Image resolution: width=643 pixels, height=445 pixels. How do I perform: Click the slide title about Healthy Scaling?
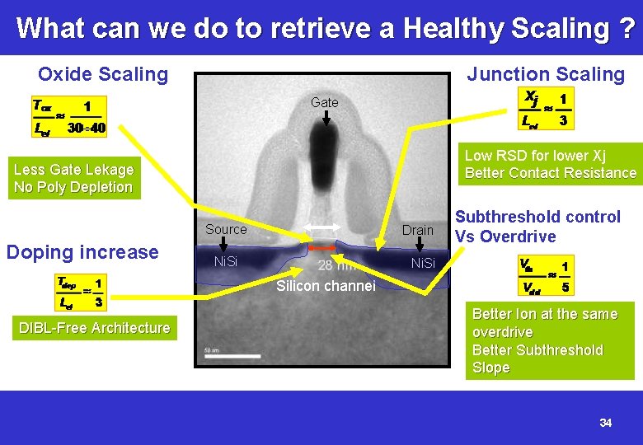pos(325,28)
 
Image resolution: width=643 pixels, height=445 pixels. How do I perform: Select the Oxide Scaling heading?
pos(103,74)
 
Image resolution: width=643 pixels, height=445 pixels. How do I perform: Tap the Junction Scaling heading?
pos(546,74)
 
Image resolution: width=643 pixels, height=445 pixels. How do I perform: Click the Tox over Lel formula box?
pos(68,116)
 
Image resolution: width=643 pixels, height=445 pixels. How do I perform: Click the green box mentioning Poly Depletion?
pos(73,178)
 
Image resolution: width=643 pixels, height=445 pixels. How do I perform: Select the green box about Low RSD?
pos(550,164)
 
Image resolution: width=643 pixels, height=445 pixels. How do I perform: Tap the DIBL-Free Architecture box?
pos(94,328)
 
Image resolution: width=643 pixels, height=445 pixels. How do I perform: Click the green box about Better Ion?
pos(549,340)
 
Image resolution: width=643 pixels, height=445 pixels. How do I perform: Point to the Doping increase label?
pos(82,252)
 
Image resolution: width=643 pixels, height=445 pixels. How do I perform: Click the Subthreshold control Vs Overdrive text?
pos(537,227)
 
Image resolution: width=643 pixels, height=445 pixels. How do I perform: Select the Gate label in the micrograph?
pos(325,102)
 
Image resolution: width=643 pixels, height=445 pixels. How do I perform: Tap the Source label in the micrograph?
pos(226,230)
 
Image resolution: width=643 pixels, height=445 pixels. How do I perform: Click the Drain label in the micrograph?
pos(417,230)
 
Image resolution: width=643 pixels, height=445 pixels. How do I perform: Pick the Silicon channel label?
pos(326,286)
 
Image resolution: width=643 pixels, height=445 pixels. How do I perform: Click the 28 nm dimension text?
pos(337,265)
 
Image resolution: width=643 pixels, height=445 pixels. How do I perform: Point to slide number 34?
pos(606,423)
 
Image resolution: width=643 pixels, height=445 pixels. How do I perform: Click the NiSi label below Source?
pos(225,262)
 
